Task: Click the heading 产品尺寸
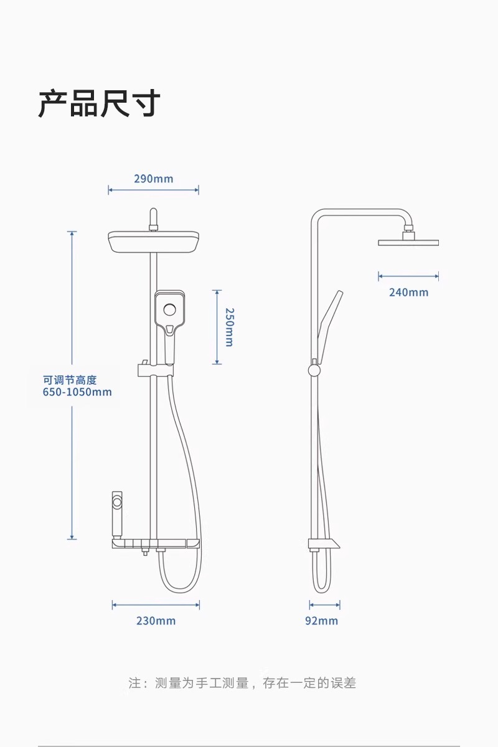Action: pos(100,103)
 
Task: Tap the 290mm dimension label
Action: pos(154,179)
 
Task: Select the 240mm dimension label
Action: pos(409,292)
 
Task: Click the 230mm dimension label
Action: pos(156,621)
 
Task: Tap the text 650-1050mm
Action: pos(77,392)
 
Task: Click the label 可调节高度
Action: pos(70,379)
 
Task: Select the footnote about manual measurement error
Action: pos(242,683)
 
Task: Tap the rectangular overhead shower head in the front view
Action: pos(154,242)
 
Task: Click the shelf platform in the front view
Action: pos(156,545)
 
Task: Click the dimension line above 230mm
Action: pos(156,604)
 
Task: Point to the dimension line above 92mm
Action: pos(325,604)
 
